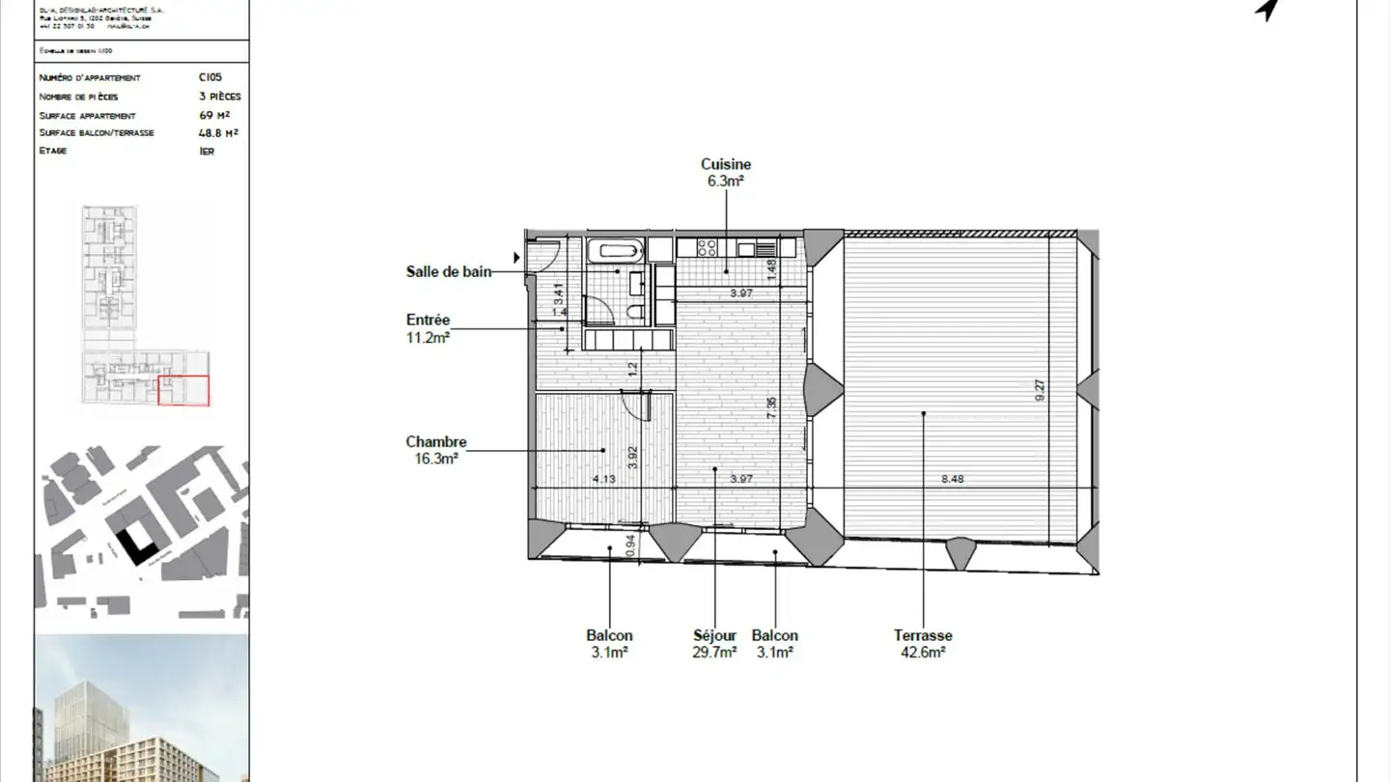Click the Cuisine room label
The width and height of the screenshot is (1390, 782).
pyautogui.click(x=726, y=172)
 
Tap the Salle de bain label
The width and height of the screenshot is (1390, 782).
pyautogui.click(x=449, y=272)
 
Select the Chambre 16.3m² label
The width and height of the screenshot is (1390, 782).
pyautogui.click(x=435, y=450)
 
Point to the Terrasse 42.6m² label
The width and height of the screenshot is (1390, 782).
pyautogui.click(x=923, y=643)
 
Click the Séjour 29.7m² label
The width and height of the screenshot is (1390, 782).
pyautogui.click(x=714, y=643)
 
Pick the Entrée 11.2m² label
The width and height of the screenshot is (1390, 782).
pyautogui.click(x=428, y=328)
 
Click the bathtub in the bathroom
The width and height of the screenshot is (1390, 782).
pyautogui.click(x=615, y=251)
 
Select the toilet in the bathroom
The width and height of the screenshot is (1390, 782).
pyautogui.click(x=635, y=310)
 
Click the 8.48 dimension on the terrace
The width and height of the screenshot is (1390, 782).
pyautogui.click(x=952, y=479)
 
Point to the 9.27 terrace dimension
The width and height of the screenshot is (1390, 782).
pyautogui.click(x=1040, y=390)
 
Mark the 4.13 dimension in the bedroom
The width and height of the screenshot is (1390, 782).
pyautogui.click(x=604, y=479)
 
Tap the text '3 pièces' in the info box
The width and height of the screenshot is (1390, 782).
pyautogui.click(x=219, y=97)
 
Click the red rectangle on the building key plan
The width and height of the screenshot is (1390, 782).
pyautogui.click(x=183, y=390)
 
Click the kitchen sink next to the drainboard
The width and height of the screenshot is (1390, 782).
pyautogui.click(x=745, y=249)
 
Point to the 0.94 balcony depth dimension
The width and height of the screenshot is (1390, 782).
pyautogui.click(x=630, y=546)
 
